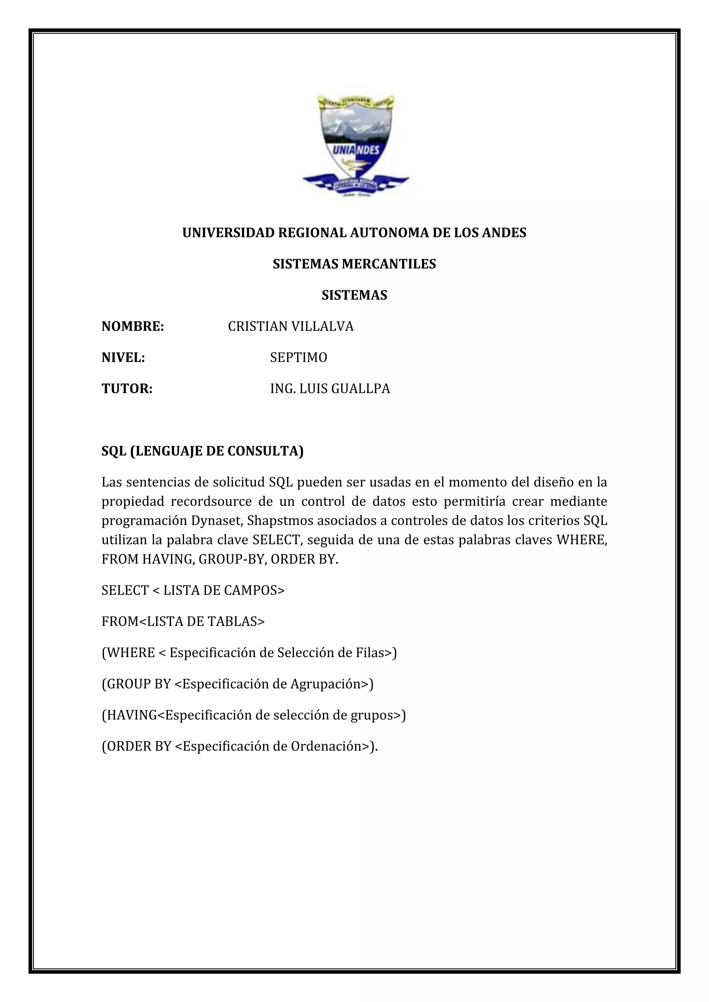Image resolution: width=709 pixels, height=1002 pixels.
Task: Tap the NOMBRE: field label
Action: pos(133,326)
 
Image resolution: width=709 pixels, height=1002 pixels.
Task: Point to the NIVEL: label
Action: pos(123,358)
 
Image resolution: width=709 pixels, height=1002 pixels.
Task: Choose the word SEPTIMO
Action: pos(299,358)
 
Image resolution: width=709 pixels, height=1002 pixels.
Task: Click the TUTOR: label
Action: pos(127,389)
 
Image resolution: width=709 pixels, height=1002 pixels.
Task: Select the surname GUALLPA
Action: pos(361,389)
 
